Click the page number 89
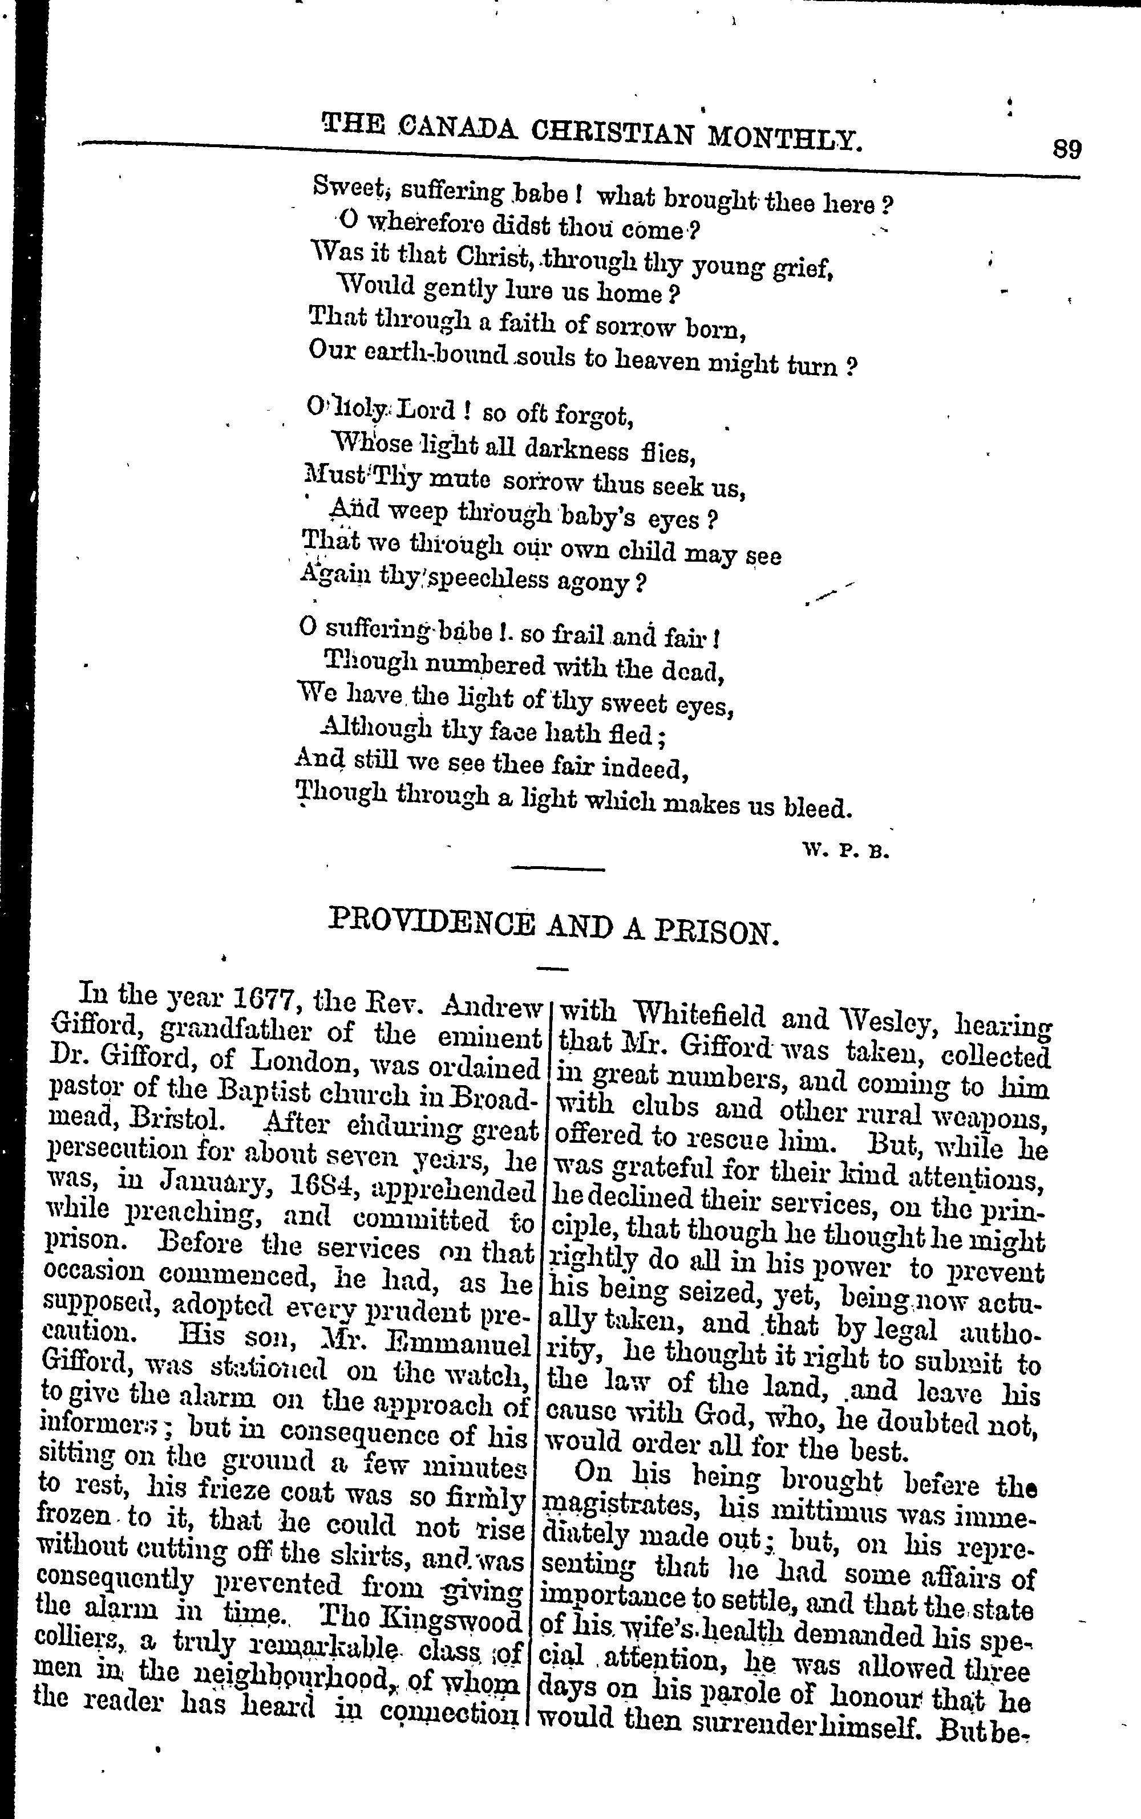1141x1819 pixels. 1066,149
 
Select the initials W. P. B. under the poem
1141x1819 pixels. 847,852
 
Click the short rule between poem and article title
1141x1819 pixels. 558,870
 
